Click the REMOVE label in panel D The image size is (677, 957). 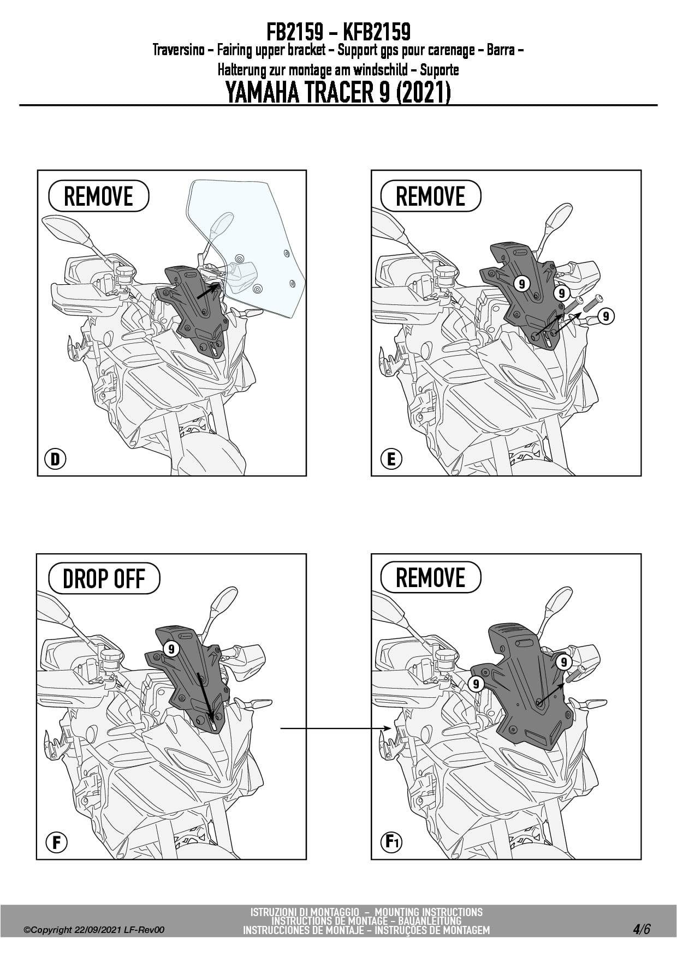click(x=98, y=196)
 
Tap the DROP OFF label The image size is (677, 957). click(x=104, y=579)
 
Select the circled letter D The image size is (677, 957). click(x=55, y=459)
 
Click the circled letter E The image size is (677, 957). click(x=391, y=459)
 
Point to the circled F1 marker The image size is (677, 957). click(x=391, y=842)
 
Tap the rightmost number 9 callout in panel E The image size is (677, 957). click(x=605, y=316)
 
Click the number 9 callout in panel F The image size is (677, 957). click(x=171, y=649)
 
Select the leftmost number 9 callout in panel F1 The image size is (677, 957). click(x=476, y=684)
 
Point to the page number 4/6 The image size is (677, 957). click(x=642, y=929)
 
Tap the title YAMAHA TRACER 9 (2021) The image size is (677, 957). click(x=338, y=92)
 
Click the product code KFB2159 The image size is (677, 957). click(x=377, y=32)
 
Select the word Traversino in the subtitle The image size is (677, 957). click(x=179, y=51)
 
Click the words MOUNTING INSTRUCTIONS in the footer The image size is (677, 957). click(x=429, y=912)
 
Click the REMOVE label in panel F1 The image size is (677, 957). click(x=430, y=578)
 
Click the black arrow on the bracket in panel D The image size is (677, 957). click(x=208, y=290)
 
